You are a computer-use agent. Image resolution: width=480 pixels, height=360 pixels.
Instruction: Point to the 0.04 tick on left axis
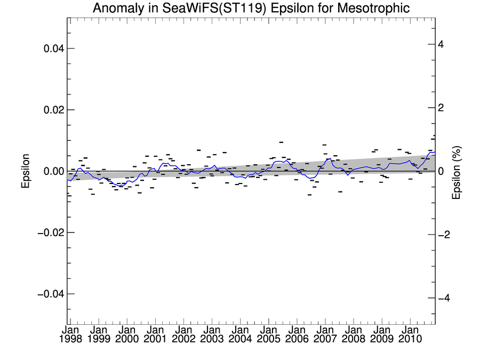pyautogui.click(x=53, y=49)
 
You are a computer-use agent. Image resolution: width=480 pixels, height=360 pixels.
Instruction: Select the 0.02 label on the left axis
pyautogui.click(x=53, y=110)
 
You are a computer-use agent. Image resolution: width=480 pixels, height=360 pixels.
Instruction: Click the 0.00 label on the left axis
pyautogui.click(x=53, y=171)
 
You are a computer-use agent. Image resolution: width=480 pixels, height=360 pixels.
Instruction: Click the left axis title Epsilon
pyautogui.click(x=25, y=171)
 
